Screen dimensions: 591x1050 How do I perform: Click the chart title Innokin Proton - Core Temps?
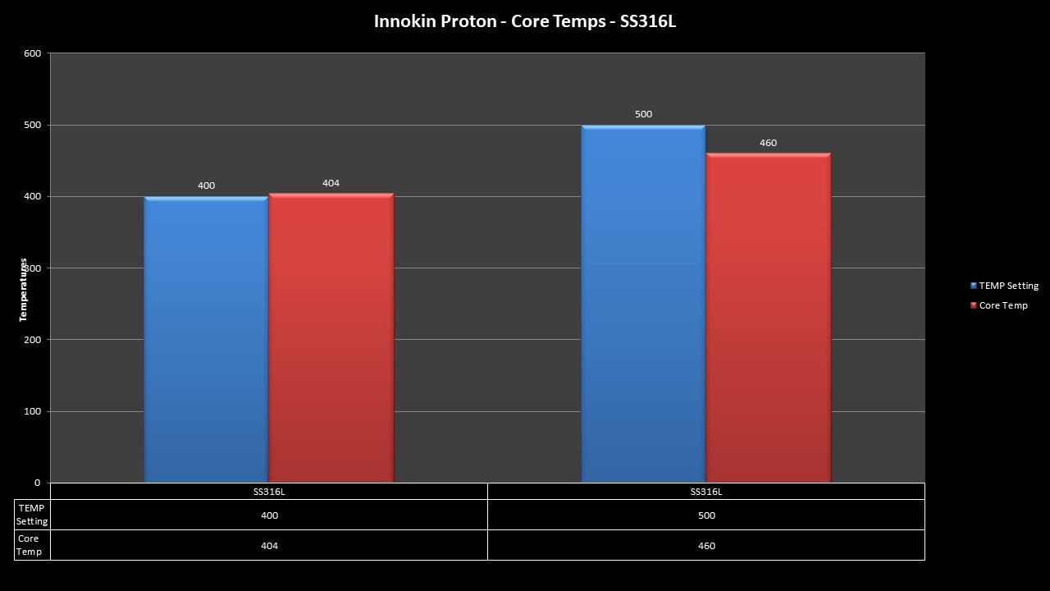(x=525, y=21)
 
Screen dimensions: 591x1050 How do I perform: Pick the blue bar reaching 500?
(x=643, y=304)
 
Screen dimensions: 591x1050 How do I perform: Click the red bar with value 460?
(x=769, y=318)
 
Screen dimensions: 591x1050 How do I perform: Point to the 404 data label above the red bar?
(x=331, y=183)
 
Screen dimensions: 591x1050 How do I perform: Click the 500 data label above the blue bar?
(x=643, y=114)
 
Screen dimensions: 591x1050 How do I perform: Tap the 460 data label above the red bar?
(x=768, y=143)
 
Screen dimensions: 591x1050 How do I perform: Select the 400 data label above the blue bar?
(x=206, y=186)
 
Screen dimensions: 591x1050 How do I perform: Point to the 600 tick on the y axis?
(x=32, y=53)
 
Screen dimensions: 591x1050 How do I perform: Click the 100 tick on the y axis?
(x=32, y=411)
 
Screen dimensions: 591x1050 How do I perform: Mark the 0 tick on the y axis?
(x=37, y=483)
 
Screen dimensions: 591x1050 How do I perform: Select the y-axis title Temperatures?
(x=24, y=290)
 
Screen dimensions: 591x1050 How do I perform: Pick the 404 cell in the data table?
(x=269, y=546)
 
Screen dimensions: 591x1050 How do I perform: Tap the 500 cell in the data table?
(x=706, y=515)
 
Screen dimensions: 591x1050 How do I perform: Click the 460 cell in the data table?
(x=706, y=546)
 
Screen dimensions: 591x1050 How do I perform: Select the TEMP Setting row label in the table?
(x=32, y=515)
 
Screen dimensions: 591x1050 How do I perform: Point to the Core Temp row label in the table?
(x=29, y=545)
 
